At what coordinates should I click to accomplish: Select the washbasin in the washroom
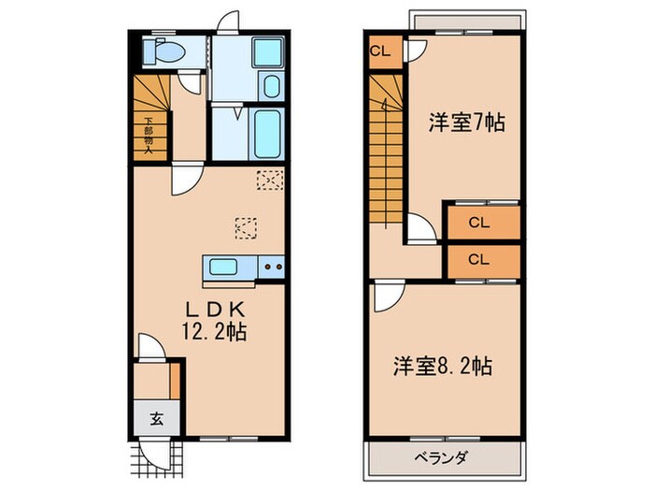pos(269,87)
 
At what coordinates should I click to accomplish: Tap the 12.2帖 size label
pos(216,332)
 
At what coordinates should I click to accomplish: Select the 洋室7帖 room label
pos(467,122)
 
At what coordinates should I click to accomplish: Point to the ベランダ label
pos(441,457)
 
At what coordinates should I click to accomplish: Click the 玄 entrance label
pos(155,418)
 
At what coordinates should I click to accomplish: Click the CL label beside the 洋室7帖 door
pos(381,51)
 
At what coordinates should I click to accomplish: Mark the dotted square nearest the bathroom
pos(270,180)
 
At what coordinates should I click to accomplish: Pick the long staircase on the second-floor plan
pos(385,150)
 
